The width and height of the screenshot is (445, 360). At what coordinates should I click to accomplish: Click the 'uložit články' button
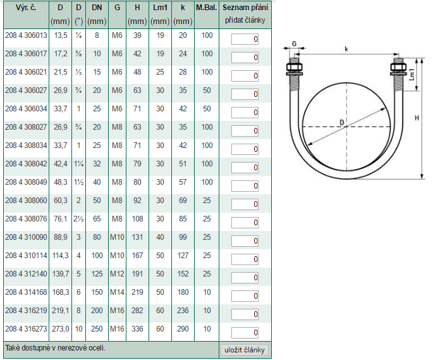245,349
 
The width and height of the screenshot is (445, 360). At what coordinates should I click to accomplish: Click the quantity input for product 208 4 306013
245,39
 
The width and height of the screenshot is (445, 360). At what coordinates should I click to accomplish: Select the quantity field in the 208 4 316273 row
245,333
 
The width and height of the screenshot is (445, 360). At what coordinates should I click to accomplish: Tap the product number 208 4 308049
26,182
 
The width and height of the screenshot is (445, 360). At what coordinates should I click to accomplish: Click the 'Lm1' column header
160,8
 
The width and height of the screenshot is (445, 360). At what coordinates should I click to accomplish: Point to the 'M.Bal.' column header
206,8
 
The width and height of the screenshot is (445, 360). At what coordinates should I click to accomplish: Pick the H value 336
137,329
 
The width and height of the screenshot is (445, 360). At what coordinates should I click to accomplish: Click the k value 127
183,256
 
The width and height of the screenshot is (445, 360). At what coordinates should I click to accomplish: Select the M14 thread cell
117,292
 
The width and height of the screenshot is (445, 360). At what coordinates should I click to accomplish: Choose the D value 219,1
61,311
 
